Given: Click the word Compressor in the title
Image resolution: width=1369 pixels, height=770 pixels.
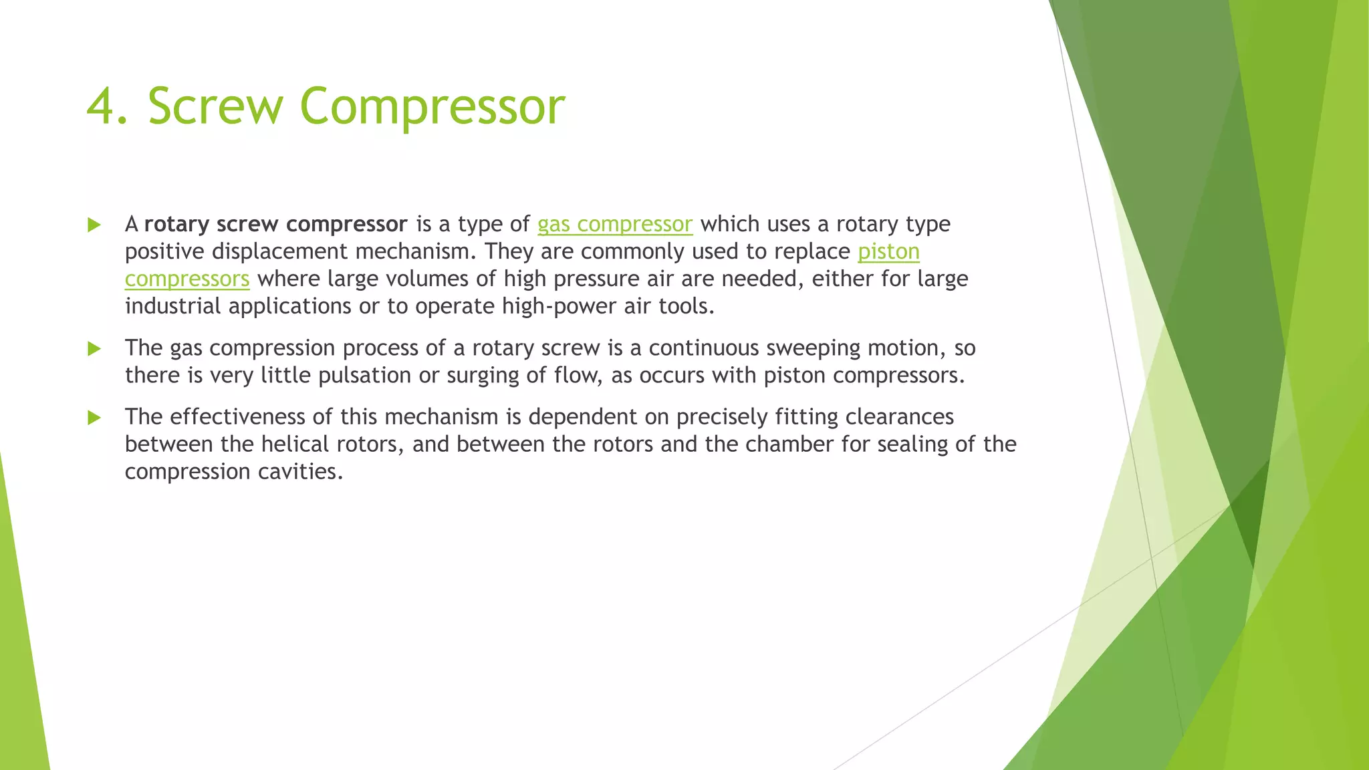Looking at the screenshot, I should pos(432,106).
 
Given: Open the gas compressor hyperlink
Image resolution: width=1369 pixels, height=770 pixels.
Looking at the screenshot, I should pos(614,224).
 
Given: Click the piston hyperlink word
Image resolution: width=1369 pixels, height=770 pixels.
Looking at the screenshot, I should pos(888,252).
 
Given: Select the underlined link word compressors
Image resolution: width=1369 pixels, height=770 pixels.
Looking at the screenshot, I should pos(187,279).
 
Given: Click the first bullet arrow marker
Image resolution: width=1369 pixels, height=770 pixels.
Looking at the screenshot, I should pos(94,225).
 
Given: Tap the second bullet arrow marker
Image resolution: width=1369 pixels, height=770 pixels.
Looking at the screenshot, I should pos(94,348).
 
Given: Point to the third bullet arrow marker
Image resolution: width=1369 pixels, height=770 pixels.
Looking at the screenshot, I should pos(94,418).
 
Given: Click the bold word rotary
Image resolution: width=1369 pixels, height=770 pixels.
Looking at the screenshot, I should pos(176,224).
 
